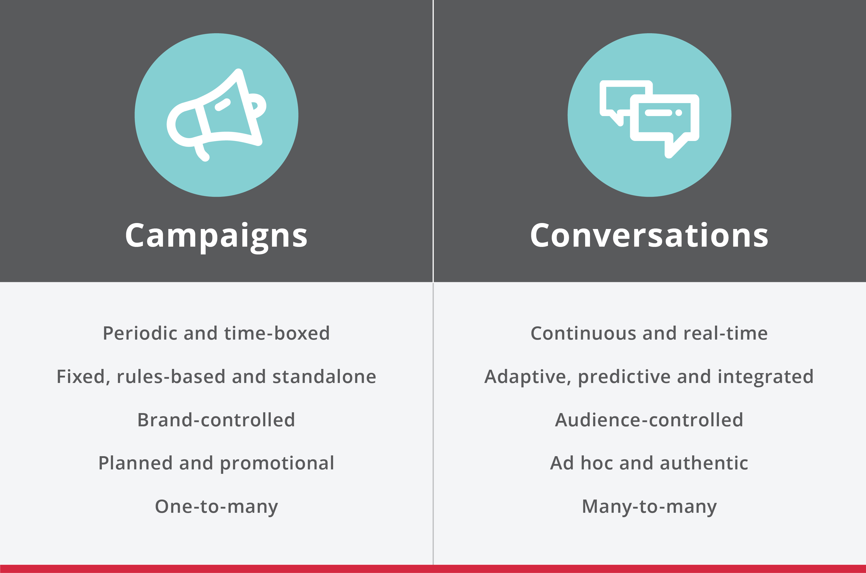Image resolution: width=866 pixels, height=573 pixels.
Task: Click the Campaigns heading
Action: (216, 237)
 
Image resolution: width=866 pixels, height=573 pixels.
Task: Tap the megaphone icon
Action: (216, 115)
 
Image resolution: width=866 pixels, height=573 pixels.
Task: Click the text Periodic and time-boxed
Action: (216, 333)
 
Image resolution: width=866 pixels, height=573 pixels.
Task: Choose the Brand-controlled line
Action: (216, 420)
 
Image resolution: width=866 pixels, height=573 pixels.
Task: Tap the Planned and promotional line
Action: (216, 464)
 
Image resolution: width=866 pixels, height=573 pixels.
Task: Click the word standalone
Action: (324, 377)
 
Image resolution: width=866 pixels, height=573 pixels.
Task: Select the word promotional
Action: (277, 464)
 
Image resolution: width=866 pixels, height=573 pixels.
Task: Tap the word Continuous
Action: (583, 333)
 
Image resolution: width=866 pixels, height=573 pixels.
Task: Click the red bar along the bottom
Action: (433, 569)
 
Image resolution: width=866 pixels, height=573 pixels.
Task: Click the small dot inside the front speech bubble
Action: (679, 113)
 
